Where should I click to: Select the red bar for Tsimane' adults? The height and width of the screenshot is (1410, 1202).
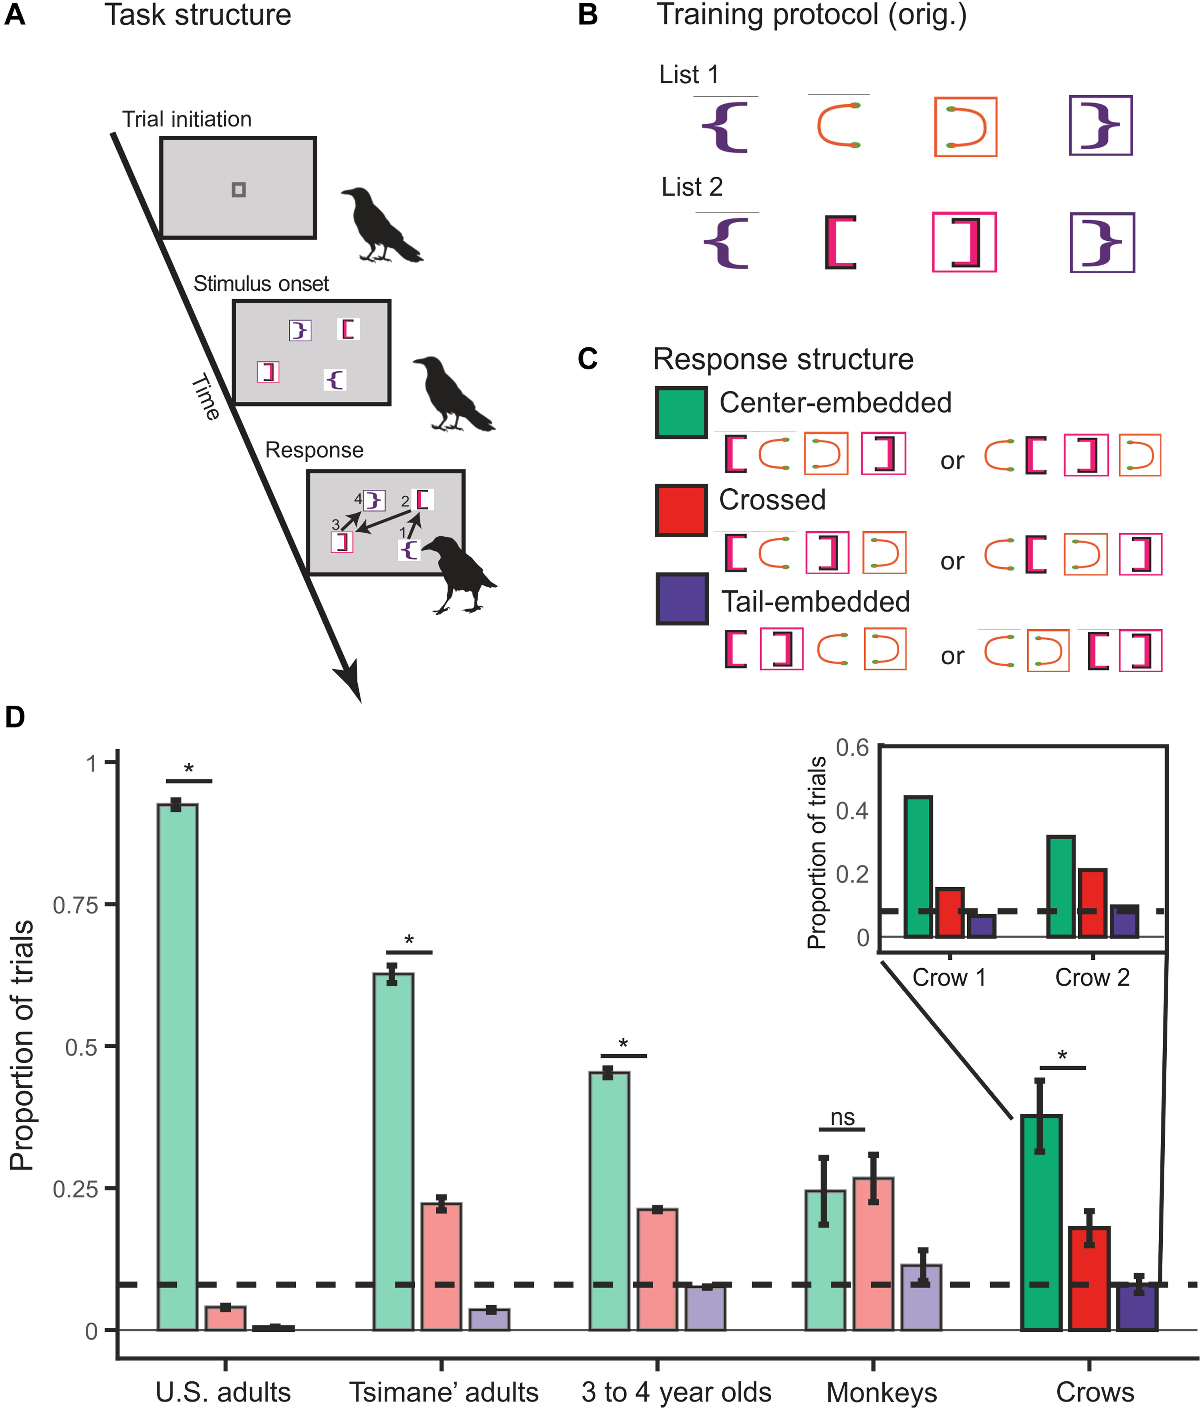[441, 1267]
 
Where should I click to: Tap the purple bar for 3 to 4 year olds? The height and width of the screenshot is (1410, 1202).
[705, 1307]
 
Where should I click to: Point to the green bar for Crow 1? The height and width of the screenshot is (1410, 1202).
[918, 866]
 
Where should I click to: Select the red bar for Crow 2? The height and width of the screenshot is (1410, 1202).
[1092, 903]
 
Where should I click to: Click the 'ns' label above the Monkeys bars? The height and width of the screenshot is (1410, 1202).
[842, 1117]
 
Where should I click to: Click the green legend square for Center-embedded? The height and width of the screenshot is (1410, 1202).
[681, 412]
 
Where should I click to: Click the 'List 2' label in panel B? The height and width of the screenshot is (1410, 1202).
[692, 187]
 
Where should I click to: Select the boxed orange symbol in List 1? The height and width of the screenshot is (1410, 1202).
[965, 127]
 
